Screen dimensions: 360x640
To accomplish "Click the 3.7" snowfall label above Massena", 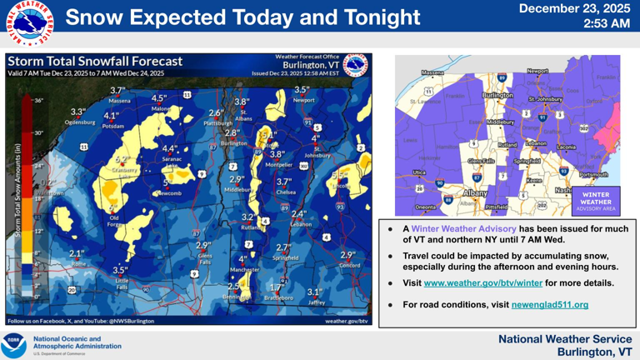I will (117, 91).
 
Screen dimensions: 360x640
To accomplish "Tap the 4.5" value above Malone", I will (159, 98).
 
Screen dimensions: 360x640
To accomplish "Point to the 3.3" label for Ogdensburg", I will (78, 112).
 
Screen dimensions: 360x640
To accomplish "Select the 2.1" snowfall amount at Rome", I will (77, 253).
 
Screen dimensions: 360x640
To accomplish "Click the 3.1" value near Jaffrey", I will (314, 292).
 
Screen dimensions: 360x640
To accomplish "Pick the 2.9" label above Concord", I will (347, 255).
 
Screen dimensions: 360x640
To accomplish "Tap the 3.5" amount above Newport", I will (302, 90).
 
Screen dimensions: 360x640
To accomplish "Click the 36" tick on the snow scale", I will (38, 100).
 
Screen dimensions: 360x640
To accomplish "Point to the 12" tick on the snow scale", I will (37, 230).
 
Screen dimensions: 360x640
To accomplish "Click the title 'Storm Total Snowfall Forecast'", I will (94, 61).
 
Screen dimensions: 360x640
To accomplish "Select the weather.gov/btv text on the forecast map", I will (346, 320).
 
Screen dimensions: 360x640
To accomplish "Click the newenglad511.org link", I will (550, 305).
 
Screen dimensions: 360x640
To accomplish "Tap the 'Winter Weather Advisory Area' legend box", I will (595, 200).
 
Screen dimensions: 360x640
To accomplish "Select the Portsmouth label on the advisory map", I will (593, 175).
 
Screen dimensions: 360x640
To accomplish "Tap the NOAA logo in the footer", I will (15, 343).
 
